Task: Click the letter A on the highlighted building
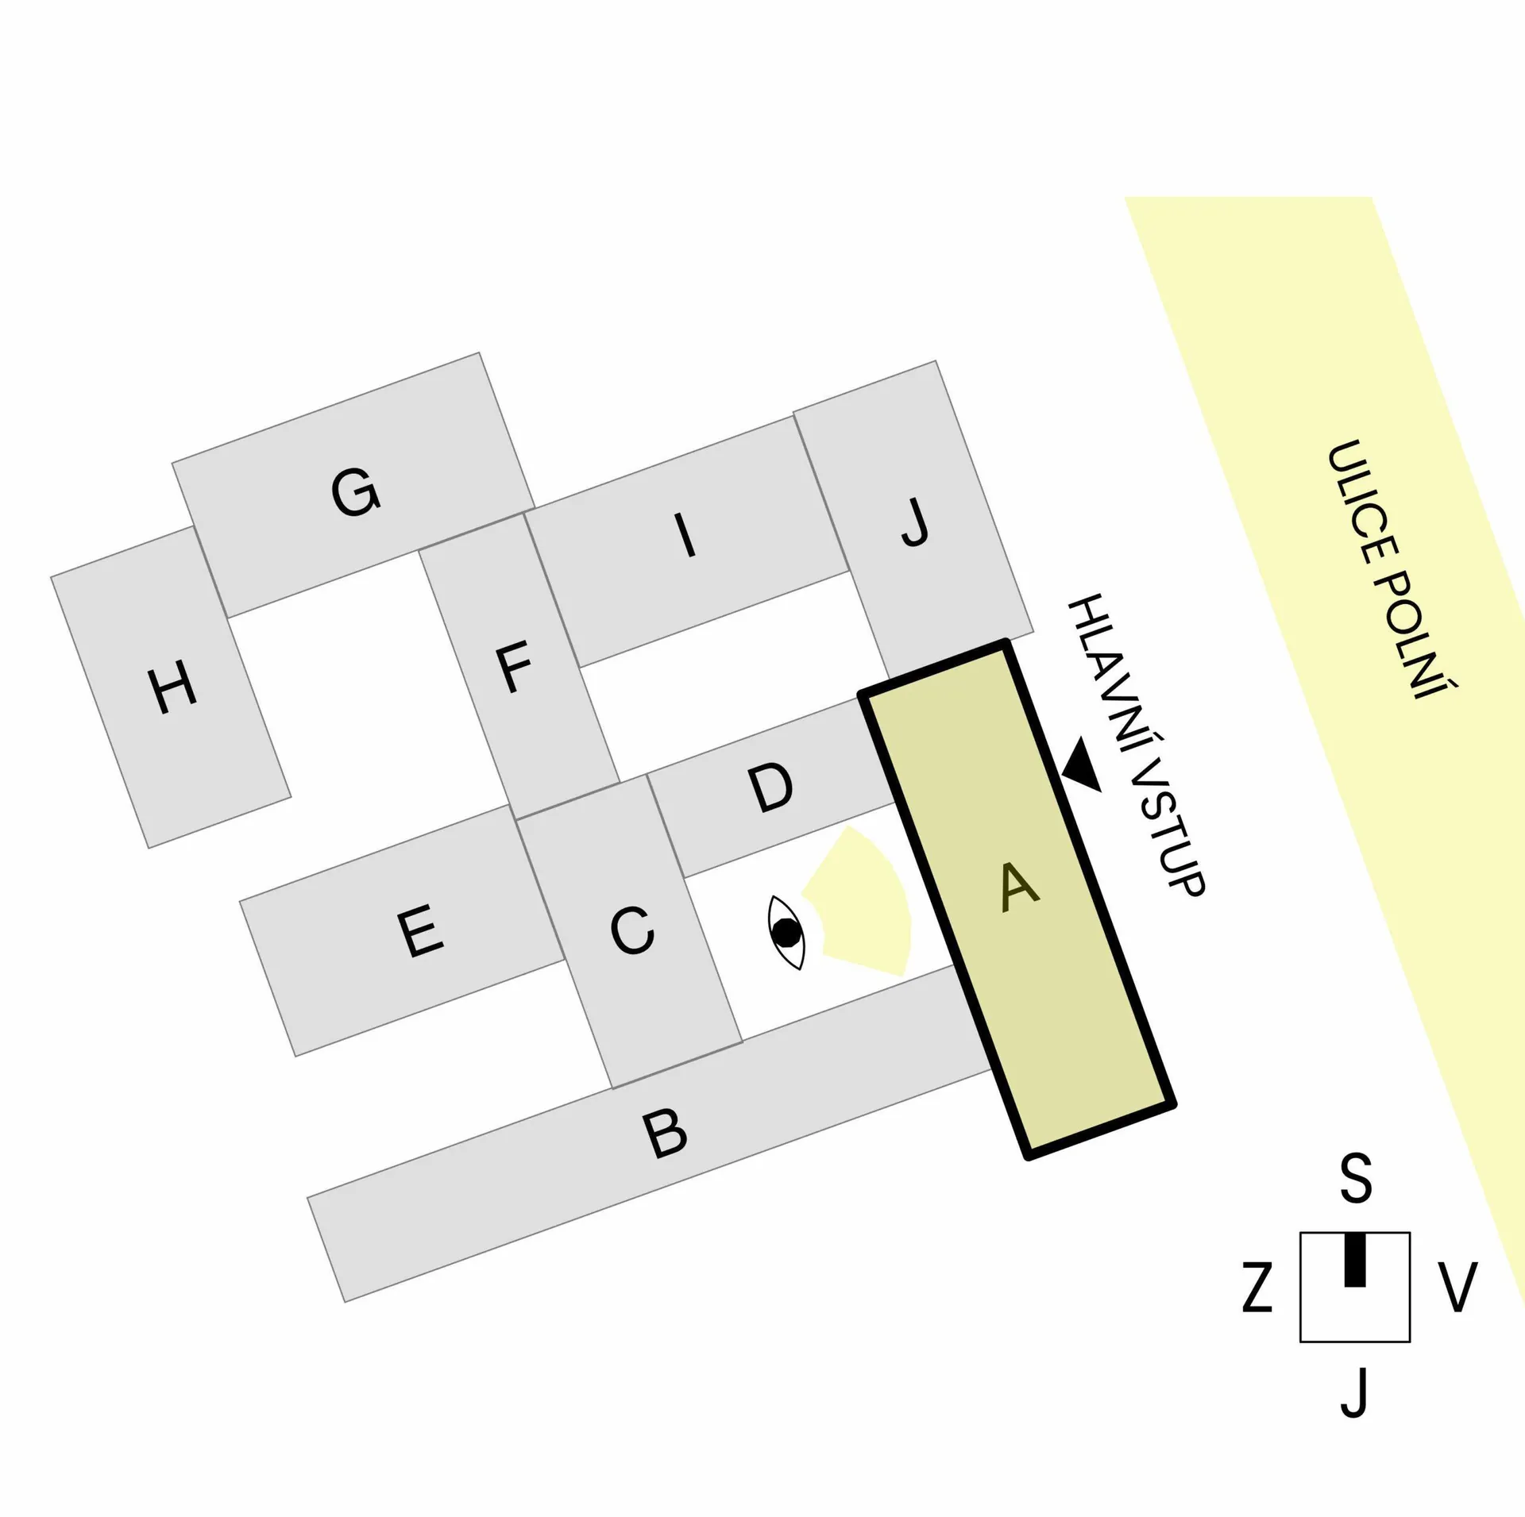(x=1019, y=887)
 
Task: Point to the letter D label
(x=770, y=787)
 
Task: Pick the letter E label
(x=419, y=931)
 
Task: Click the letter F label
(x=514, y=668)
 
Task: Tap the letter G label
(x=355, y=492)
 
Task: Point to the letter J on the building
(x=914, y=522)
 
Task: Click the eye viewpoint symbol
(x=786, y=932)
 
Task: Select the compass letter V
(x=1457, y=1287)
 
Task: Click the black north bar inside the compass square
(x=1355, y=1260)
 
